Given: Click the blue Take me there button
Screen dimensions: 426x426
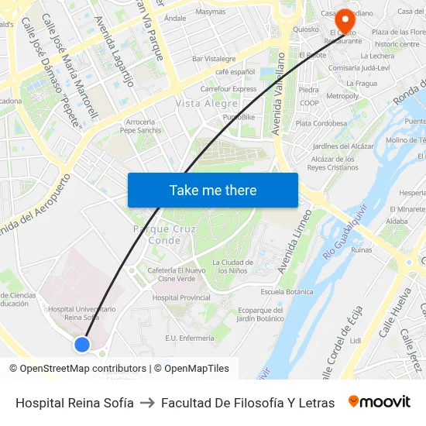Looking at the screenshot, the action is coord(213,190).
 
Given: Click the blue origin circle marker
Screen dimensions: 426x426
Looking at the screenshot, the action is coord(82,344).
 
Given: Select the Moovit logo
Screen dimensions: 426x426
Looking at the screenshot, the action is coord(380,402).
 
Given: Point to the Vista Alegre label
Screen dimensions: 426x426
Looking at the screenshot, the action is coord(207,103).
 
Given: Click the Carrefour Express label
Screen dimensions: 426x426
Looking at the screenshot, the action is coord(228,89).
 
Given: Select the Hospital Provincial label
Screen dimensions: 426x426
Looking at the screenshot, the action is coord(181,297).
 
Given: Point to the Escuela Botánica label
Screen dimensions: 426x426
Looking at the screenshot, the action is coord(287,291).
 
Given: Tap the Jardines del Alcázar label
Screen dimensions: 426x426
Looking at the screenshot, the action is coord(342,146).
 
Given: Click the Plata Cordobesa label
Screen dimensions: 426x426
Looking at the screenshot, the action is coord(321,123).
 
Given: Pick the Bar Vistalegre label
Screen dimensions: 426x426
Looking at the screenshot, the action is coord(214,59).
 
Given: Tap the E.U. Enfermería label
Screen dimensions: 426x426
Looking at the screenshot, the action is coord(190,338).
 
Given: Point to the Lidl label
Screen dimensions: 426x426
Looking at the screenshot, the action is coord(356,339).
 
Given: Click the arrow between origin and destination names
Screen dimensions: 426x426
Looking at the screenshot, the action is coord(146,403).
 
